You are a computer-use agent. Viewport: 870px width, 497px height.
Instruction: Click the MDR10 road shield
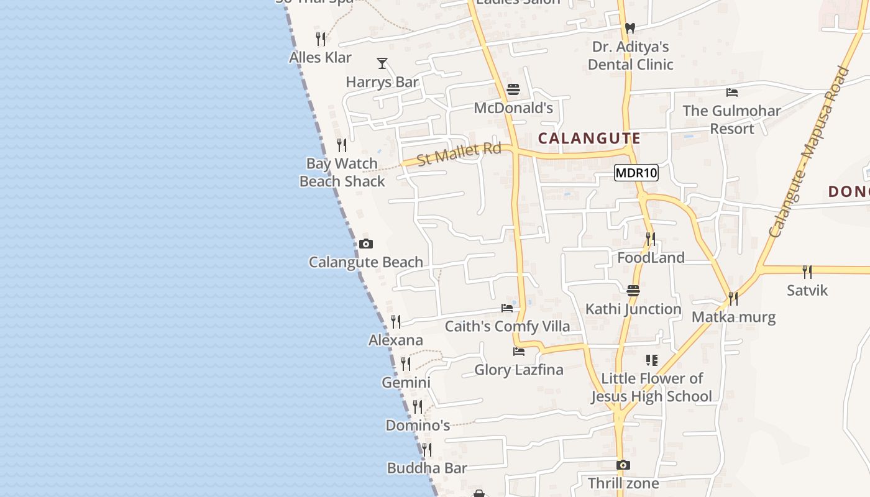636,173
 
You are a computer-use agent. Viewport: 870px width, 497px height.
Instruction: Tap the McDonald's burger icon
513,89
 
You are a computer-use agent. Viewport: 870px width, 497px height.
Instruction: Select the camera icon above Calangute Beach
366,244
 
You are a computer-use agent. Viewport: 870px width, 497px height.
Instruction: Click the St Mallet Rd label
459,153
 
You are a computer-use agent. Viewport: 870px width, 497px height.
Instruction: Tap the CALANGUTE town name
588,138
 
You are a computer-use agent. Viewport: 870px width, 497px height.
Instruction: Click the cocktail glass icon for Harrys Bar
382,63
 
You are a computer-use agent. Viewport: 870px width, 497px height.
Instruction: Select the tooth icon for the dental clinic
630,28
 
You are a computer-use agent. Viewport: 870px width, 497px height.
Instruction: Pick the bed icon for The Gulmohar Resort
732,93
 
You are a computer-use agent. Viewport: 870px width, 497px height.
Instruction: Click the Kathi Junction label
633,309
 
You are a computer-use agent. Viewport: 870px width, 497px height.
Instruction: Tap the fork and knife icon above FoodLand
651,239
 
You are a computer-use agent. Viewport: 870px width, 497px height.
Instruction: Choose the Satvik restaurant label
807,290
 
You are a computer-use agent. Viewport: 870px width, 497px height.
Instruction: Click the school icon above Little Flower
651,360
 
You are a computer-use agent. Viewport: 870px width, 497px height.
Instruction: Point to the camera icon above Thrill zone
623,465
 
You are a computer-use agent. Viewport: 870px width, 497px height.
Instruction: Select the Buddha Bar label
427,468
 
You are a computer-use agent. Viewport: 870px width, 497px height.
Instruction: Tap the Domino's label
418,426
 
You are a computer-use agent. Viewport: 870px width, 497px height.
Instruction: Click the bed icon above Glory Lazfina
519,352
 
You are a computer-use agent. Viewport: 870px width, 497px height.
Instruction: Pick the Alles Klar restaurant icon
321,39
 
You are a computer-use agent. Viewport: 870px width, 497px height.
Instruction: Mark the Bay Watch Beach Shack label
342,172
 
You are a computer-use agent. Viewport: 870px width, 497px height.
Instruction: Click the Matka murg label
733,317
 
